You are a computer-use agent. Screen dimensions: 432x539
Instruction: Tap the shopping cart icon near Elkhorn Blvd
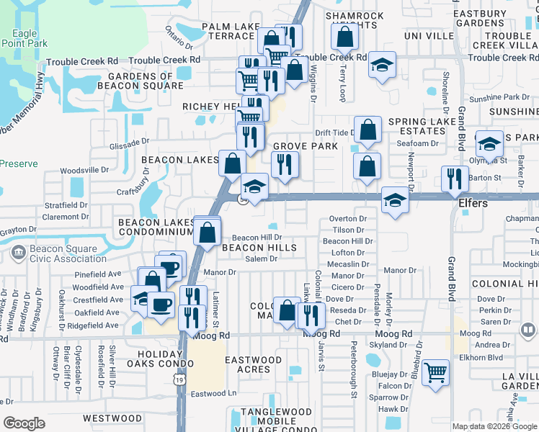click(x=435, y=373)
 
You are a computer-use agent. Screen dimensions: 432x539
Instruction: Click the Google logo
click(x=24, y=423)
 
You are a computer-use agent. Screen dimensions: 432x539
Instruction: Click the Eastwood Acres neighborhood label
click(x=253, y=364)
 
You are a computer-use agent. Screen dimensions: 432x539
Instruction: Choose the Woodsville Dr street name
click(x=84, y=171)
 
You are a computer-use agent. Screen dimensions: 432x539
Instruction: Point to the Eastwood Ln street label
click(x=214, y=393)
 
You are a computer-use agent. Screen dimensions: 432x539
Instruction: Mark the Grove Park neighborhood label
click(x=306, y=146)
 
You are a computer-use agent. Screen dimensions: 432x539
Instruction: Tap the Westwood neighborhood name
click(x=112, y=418)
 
